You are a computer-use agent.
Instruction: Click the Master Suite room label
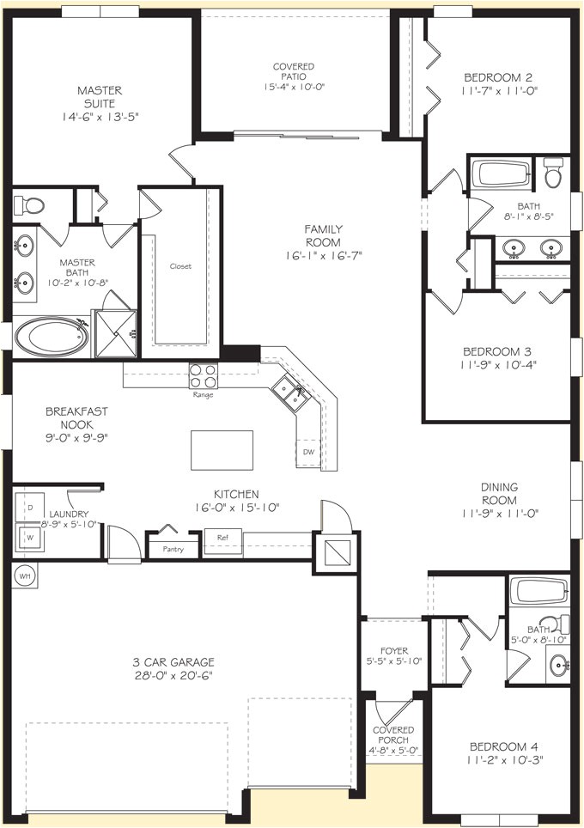100,90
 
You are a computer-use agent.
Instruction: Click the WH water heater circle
24,575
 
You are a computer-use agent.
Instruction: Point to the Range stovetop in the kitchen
204,376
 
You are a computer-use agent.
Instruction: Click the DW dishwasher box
307,453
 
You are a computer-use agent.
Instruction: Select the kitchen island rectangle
222,449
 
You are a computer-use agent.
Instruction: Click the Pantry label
173,547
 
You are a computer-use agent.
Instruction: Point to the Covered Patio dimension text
294,87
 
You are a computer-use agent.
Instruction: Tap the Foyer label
393,651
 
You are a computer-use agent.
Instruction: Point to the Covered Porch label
393,735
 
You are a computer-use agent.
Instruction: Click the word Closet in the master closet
180,266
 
